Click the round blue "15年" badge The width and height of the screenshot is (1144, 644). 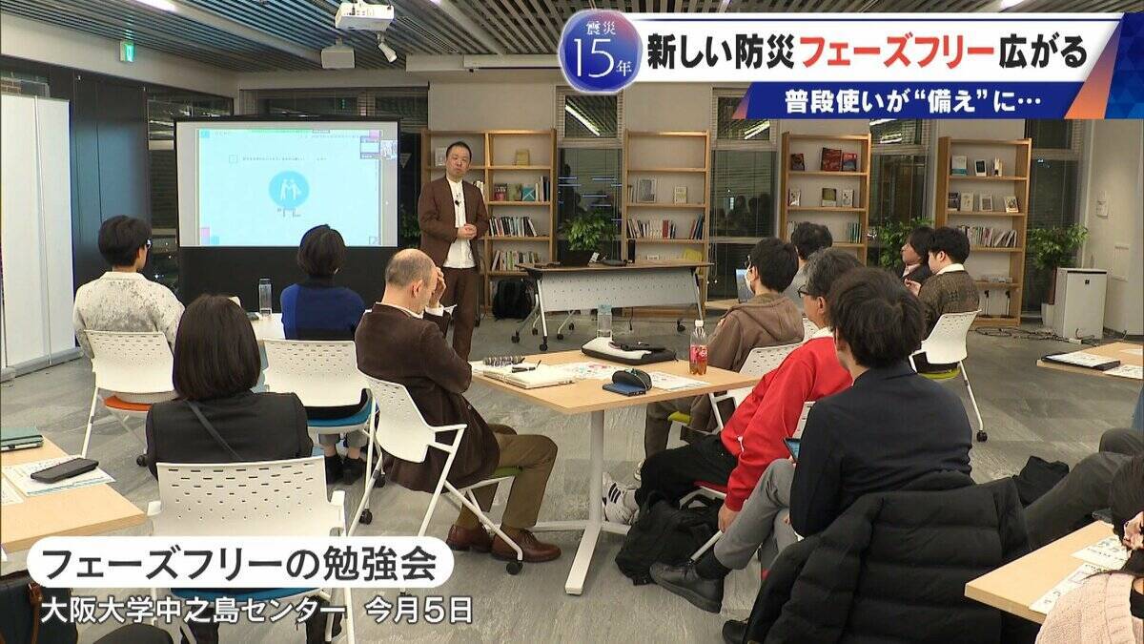coord(600,51)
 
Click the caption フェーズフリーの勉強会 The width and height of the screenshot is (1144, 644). coord(239,564)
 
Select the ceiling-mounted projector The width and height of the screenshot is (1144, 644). coord(364,15)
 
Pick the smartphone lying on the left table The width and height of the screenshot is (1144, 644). coord(64,469)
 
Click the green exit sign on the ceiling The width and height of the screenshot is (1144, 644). coord(127,52)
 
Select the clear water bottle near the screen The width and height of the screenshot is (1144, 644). coord(265,297)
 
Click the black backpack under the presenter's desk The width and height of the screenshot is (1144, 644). coord(512,300)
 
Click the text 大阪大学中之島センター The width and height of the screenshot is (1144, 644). coord(192,610)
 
